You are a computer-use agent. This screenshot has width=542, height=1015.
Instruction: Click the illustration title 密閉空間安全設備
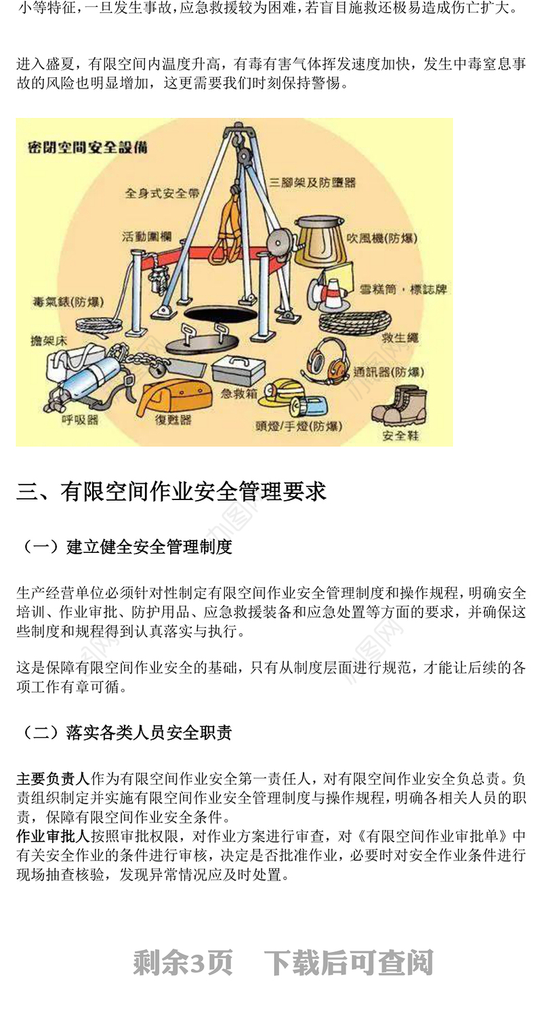pos(87,147)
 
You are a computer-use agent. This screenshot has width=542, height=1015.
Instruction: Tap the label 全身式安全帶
pos(162,193)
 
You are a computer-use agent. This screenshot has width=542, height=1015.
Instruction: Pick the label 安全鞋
pos(400,434)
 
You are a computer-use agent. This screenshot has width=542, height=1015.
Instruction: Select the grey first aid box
pos(238,369)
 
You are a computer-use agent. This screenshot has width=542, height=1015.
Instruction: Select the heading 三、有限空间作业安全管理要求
pos(171,491)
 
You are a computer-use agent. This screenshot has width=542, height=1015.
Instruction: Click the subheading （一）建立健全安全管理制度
pos(125,547)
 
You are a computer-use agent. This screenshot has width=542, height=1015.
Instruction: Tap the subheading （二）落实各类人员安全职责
pos(125,732)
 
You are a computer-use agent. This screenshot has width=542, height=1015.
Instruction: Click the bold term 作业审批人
pos(53,836)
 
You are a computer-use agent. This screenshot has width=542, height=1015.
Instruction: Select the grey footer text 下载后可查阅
pos(348,963)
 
